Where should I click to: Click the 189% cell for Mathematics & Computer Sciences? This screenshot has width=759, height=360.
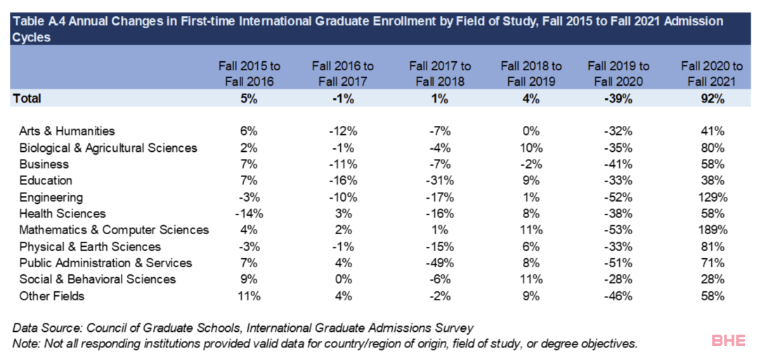point(711,230)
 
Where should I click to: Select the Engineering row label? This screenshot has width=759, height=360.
point(51,197)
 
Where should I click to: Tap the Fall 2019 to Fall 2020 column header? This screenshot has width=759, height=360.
point(618,73)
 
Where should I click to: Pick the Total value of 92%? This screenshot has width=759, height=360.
point(711,98)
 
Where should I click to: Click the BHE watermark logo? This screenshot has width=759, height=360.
point(729,341)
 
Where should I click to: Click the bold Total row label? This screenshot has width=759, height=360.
point(27,98)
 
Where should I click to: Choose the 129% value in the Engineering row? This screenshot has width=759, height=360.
point(711,197)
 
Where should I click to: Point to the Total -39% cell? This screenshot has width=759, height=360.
point(618,98)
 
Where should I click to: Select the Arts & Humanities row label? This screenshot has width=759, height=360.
point(67,131)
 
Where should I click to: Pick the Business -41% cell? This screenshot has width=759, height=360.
point(618,164)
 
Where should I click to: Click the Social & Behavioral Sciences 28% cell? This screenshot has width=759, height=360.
point(711,279)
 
